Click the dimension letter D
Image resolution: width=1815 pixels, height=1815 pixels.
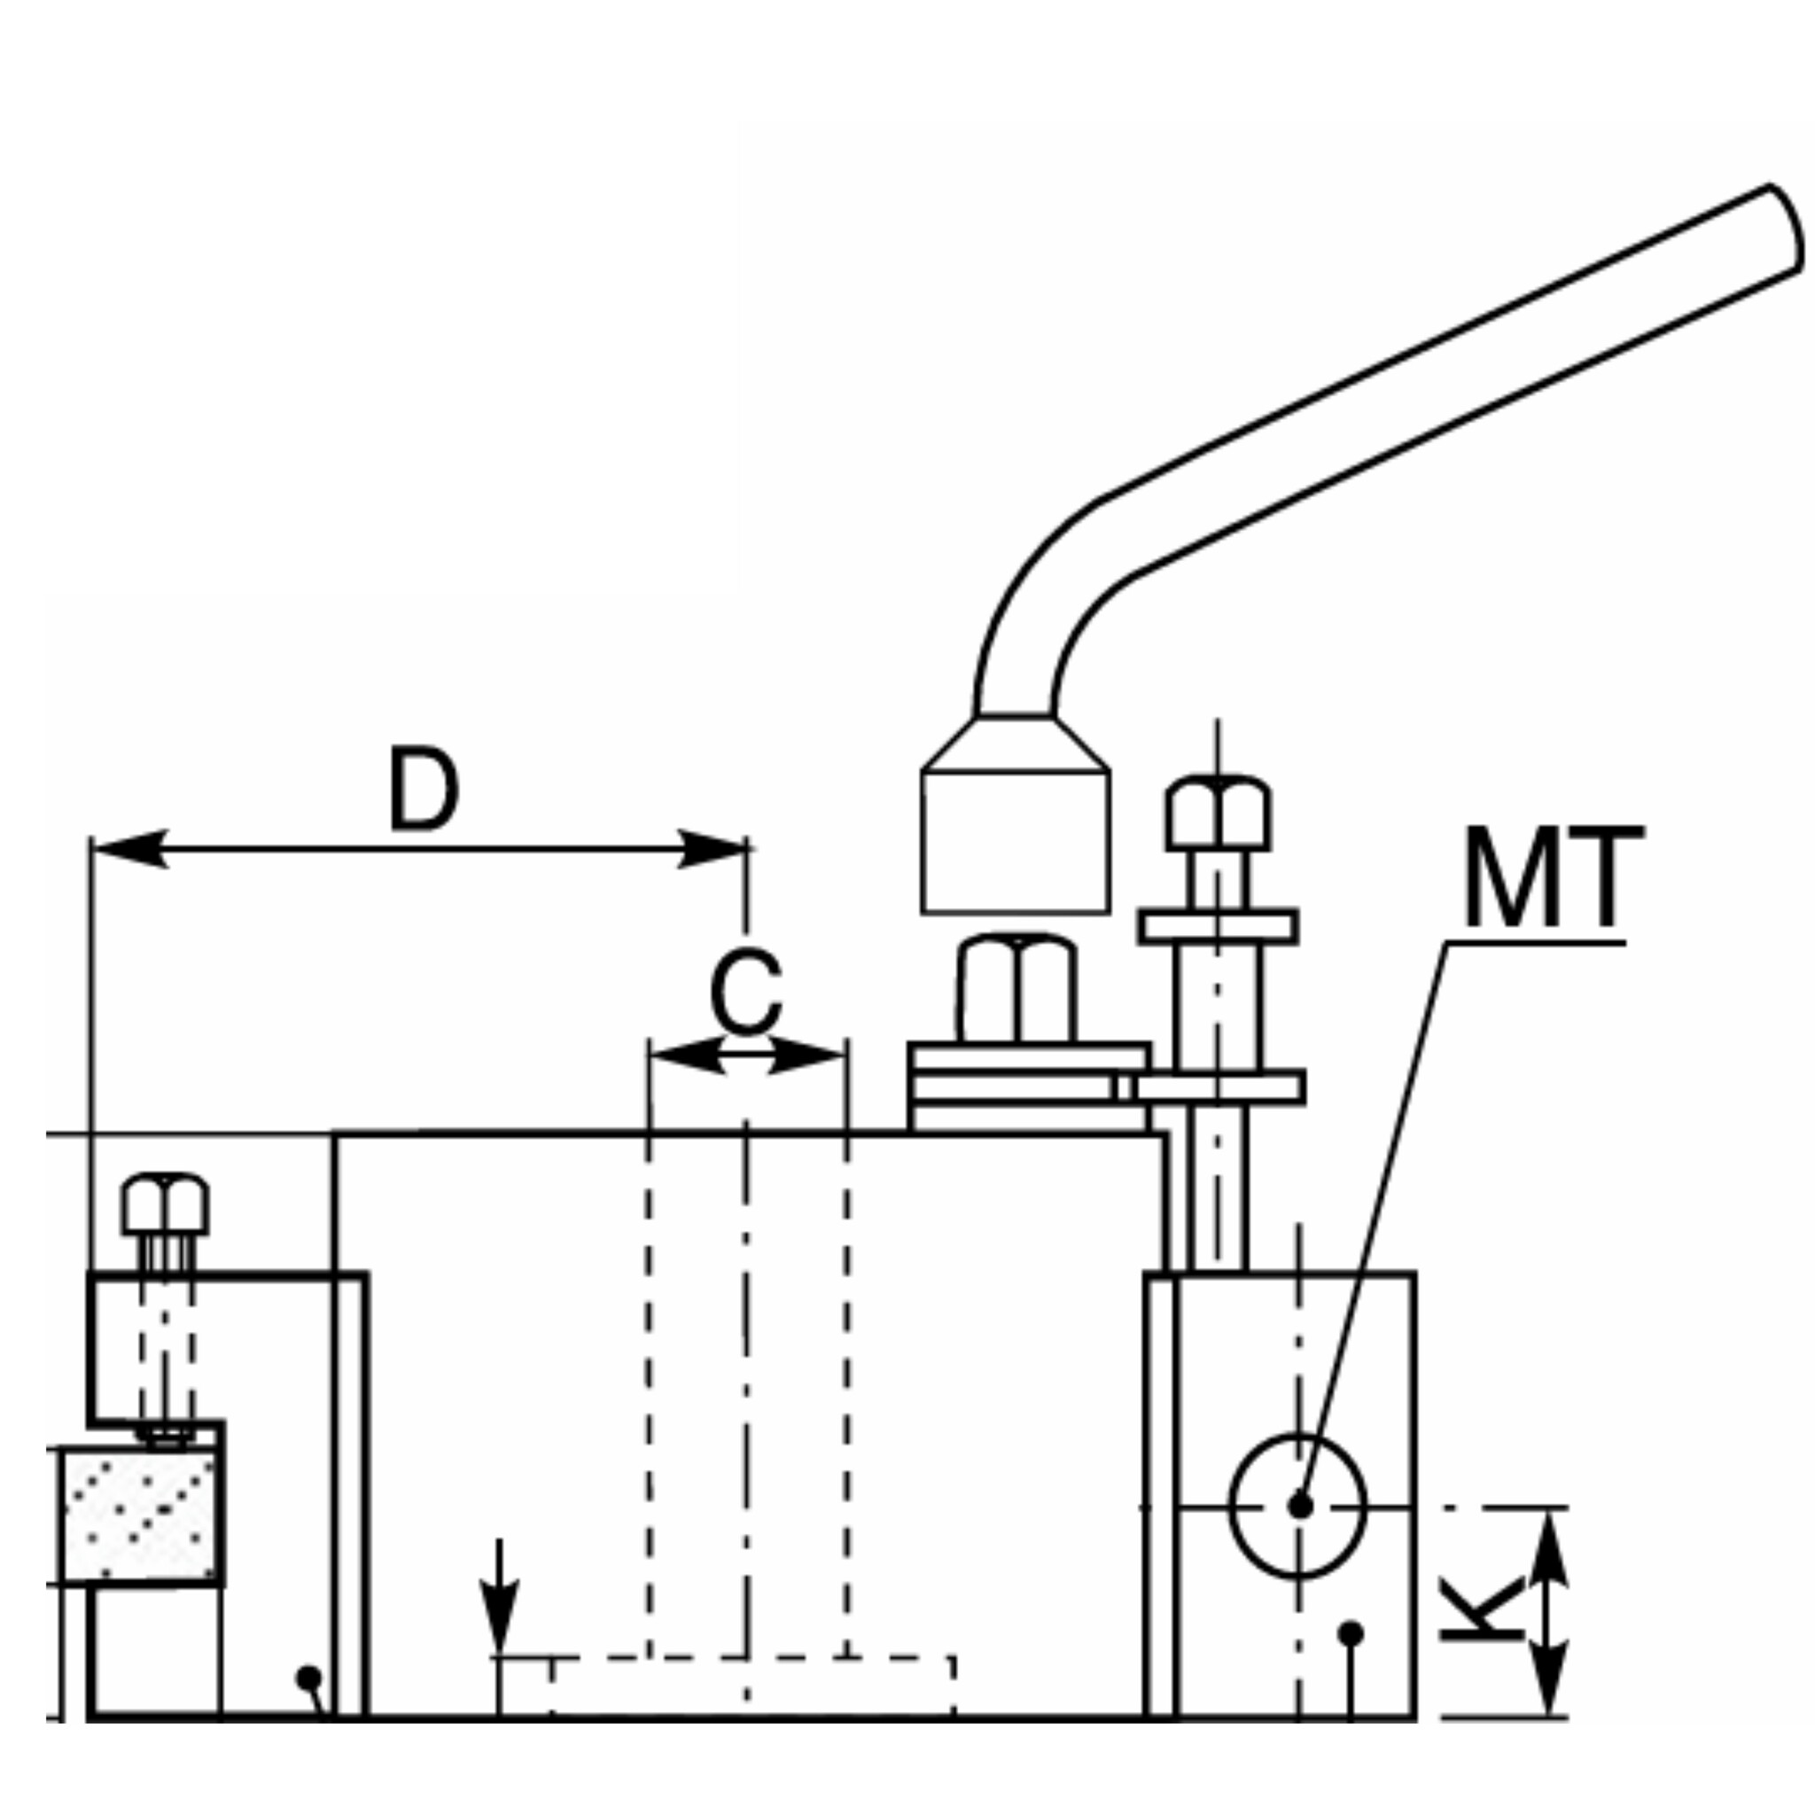[x=424, y=789]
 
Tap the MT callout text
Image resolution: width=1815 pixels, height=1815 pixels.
[x=1552, y=877]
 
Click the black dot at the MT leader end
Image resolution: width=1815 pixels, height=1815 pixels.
[x=1300, y=1505]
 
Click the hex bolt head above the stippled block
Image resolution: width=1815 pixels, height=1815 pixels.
[x=166, y=1205]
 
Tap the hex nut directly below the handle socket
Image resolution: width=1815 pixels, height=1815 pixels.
[x=1017, y=988]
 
